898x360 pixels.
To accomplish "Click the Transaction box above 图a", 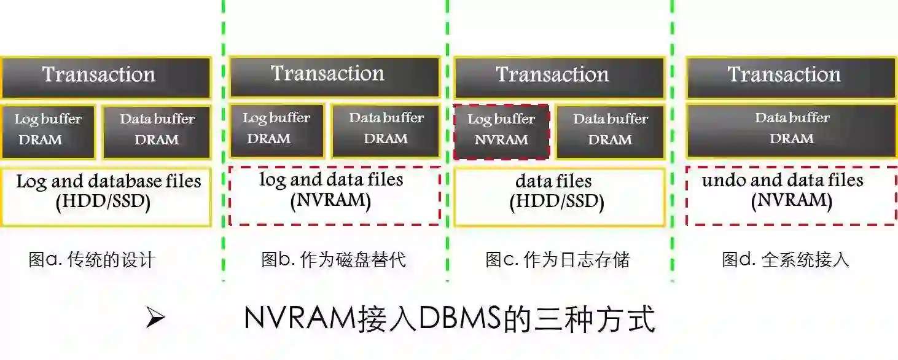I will [106, 77].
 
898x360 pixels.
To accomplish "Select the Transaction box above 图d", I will [791, 77].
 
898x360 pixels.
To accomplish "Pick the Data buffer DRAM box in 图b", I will [386, 130].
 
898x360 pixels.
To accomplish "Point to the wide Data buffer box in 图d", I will [791, 130].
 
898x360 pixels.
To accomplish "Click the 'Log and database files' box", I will [106, 196].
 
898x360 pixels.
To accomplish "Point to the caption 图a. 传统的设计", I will [92, 259].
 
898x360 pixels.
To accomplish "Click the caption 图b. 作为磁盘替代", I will [334, 259].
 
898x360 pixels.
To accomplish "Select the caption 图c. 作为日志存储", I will [558, 259].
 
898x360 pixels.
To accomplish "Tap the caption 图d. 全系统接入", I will [786, 259].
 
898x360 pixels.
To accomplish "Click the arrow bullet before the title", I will [155, 319].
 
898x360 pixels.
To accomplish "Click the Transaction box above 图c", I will [559, 77].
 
